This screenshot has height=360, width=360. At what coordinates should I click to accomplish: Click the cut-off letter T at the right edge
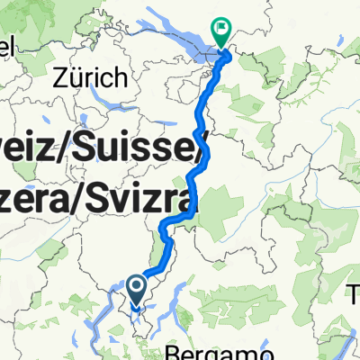click(x=355, y=292)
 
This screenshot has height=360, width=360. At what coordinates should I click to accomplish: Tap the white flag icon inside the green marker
click(x=220, y=29)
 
